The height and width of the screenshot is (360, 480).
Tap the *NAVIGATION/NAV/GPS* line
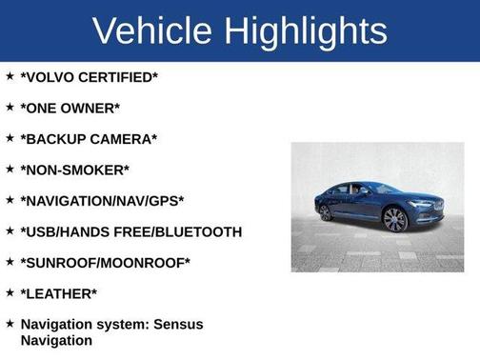102,201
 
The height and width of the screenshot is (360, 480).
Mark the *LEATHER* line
59,293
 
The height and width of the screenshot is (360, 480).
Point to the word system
129,325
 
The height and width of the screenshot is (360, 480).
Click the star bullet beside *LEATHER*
10,292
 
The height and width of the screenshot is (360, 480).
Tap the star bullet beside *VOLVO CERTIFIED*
10,76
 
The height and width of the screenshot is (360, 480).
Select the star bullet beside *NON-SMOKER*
10,169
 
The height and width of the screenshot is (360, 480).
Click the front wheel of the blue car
394,219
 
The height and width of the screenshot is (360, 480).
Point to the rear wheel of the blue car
327,212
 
